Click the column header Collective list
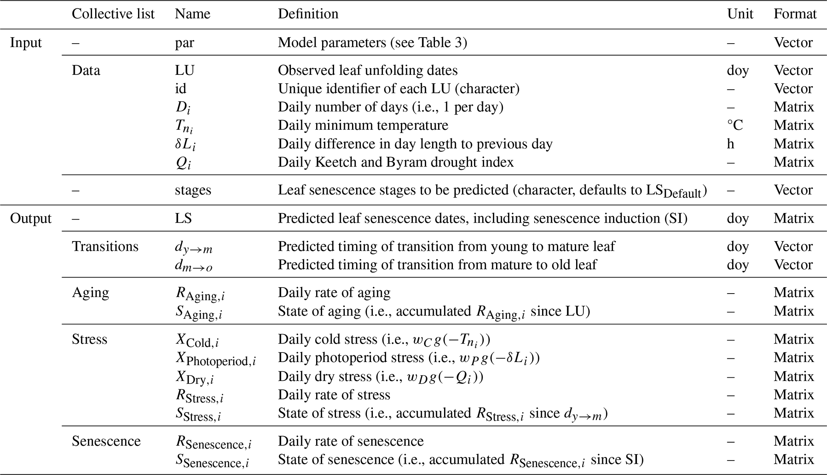[x=113, y=14]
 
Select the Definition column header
[x=308, y=14]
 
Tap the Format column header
[x=795, y=14]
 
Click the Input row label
[x=26, y=42]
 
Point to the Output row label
[x=31, y=218]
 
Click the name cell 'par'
[x=184, y=42]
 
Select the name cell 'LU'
[x=184, y=70]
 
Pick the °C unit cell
[x=735, y=125]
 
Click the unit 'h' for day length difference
[x=731, y=144]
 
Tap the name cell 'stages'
[x=193, y=190]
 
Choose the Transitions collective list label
[x=105, y=246]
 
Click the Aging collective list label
[x=90, y=292]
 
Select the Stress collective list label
[x=90, y=339]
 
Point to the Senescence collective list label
[x=106, y=441]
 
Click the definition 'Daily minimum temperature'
[x=363, y=125]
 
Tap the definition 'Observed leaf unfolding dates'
[x=368, y=70]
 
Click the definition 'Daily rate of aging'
[x=334, y=292]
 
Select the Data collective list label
[x=86, y=70]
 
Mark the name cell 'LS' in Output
[x=183, y=218]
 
